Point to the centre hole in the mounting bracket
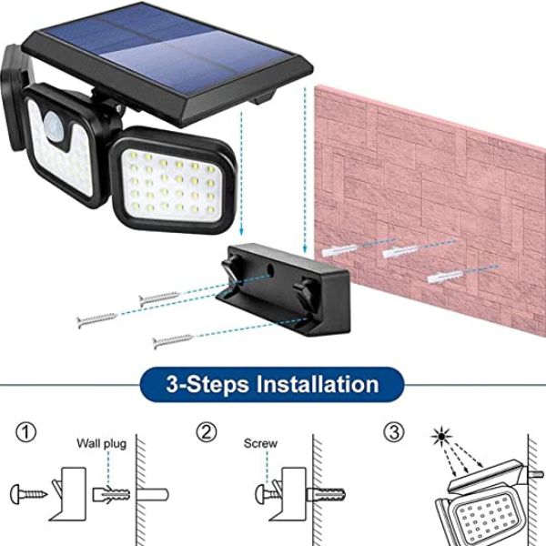(x=269, y=268)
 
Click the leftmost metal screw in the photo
(x=97, y=319)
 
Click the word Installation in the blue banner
(x=318, y=384)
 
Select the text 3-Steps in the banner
(x=207, y=384)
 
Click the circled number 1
(x=26, y=433)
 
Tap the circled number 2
(x=207, y=432)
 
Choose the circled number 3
(x=394, y=432)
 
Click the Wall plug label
(x=101, y=444)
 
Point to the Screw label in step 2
(x=260, y=443)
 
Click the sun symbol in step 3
(x=441, y=436)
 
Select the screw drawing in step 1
(x=28, y=493)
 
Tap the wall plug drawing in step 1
(x=111, y=494)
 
